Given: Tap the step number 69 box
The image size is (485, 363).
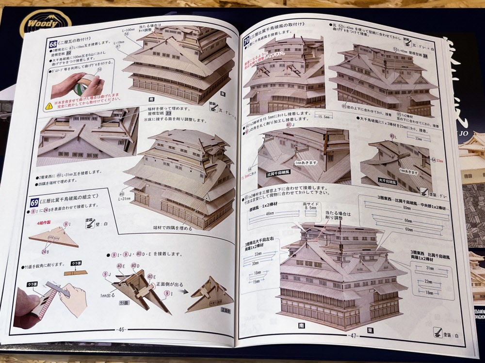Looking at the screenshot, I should (x=34, y=198).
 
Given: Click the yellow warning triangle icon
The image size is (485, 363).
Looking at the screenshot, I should (x=49, y=105).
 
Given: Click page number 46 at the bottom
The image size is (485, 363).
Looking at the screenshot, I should (x=121, y=330).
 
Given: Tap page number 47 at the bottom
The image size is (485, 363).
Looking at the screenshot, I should (x=353, y=334).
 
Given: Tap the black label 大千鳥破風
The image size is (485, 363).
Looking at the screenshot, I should (x=388, y=180).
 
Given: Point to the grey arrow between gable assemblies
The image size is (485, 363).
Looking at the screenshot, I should (x=181, y=293).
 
